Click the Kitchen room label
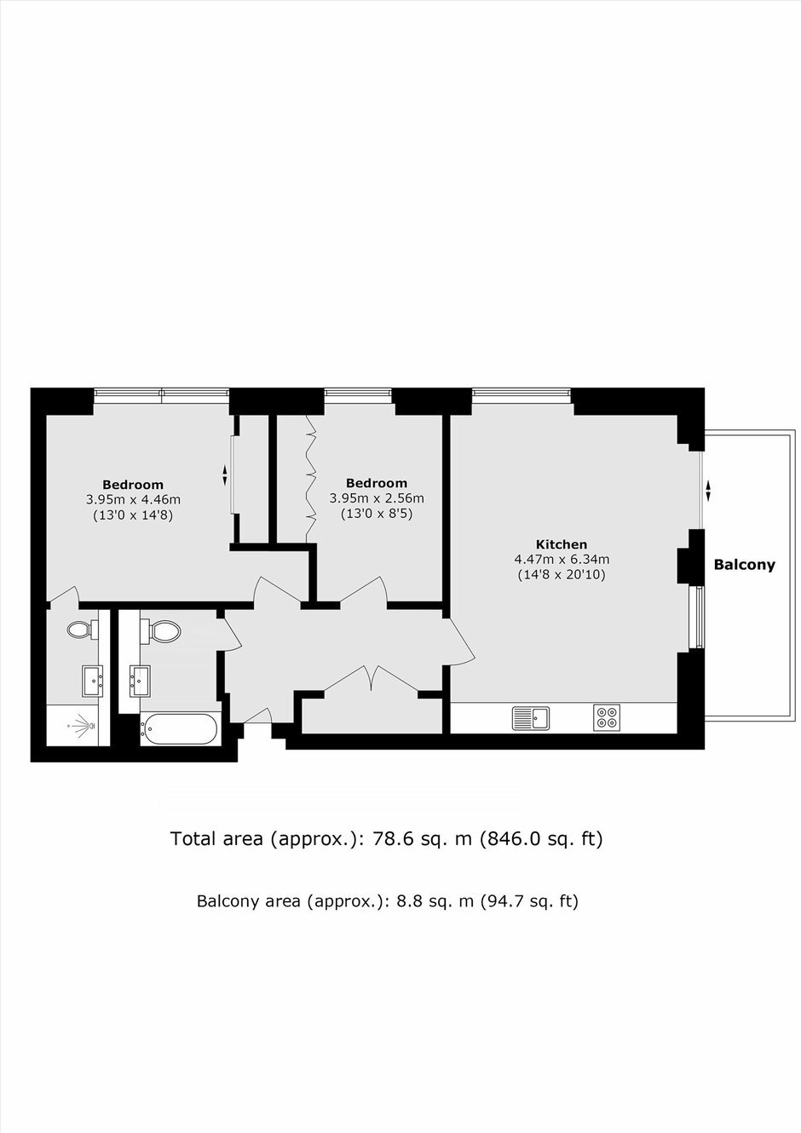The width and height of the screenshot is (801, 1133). (562, 544)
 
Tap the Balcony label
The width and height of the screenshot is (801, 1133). (744, 565)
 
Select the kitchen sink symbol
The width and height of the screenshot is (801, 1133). (531, 718)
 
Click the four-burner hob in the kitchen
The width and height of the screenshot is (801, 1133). (607, 718)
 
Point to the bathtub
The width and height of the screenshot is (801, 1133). (179, 729)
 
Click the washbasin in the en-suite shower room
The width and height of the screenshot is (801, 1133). (93, 681)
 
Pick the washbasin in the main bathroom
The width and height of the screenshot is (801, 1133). (140, 682)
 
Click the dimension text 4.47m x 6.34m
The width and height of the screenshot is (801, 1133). (562, 560)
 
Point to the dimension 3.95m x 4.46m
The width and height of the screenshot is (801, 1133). (133, 500)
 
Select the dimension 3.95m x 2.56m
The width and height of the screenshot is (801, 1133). (377, 498)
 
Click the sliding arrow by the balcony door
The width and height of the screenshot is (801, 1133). (708, 490)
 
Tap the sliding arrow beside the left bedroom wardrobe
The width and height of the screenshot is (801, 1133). (225, 475)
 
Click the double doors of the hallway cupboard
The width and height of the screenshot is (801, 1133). (372, 679)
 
